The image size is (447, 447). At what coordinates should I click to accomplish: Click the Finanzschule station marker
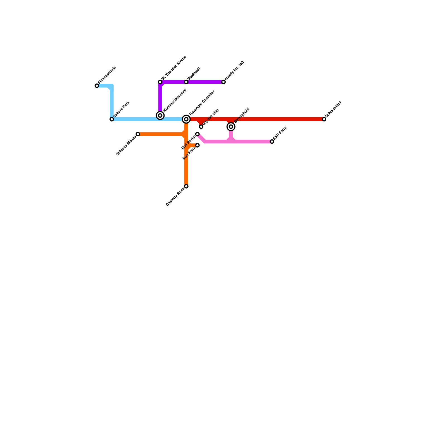(97, 86)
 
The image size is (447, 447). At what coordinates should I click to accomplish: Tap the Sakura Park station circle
(112, 119)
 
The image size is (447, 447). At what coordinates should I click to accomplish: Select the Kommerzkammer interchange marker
(160, 115)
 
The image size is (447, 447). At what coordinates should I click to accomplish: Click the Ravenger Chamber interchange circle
(186, 119)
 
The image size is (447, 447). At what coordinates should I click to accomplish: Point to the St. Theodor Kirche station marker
(160, 82)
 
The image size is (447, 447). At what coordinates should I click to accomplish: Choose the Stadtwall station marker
(186, 82)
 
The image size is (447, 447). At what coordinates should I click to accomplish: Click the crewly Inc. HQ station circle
(223, 82)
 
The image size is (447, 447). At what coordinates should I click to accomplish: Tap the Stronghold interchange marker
(231, 127)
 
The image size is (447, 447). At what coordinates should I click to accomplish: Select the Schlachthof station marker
(324, 119)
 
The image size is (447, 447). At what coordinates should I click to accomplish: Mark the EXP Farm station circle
(272, 142)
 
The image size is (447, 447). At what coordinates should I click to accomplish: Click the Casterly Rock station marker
(186, 186)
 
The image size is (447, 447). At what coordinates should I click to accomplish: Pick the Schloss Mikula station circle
(138, 134)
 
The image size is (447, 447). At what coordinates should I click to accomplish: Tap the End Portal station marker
(198, 134)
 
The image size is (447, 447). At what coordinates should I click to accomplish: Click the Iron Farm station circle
(198, 145)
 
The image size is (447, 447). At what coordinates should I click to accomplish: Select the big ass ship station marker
(201, 127)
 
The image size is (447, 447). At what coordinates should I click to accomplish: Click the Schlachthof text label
(334, 109)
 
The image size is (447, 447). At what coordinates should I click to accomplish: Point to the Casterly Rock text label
(175, 197)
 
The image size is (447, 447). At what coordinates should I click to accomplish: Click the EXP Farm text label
(280, 133)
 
